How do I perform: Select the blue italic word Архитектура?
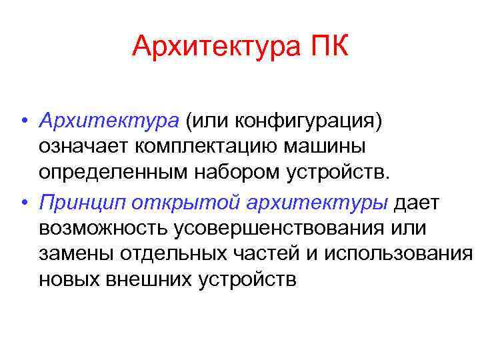(109, 122)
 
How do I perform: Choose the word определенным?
(111, 173)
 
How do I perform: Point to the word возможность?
(104, 229)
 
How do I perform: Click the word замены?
(77, 254)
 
